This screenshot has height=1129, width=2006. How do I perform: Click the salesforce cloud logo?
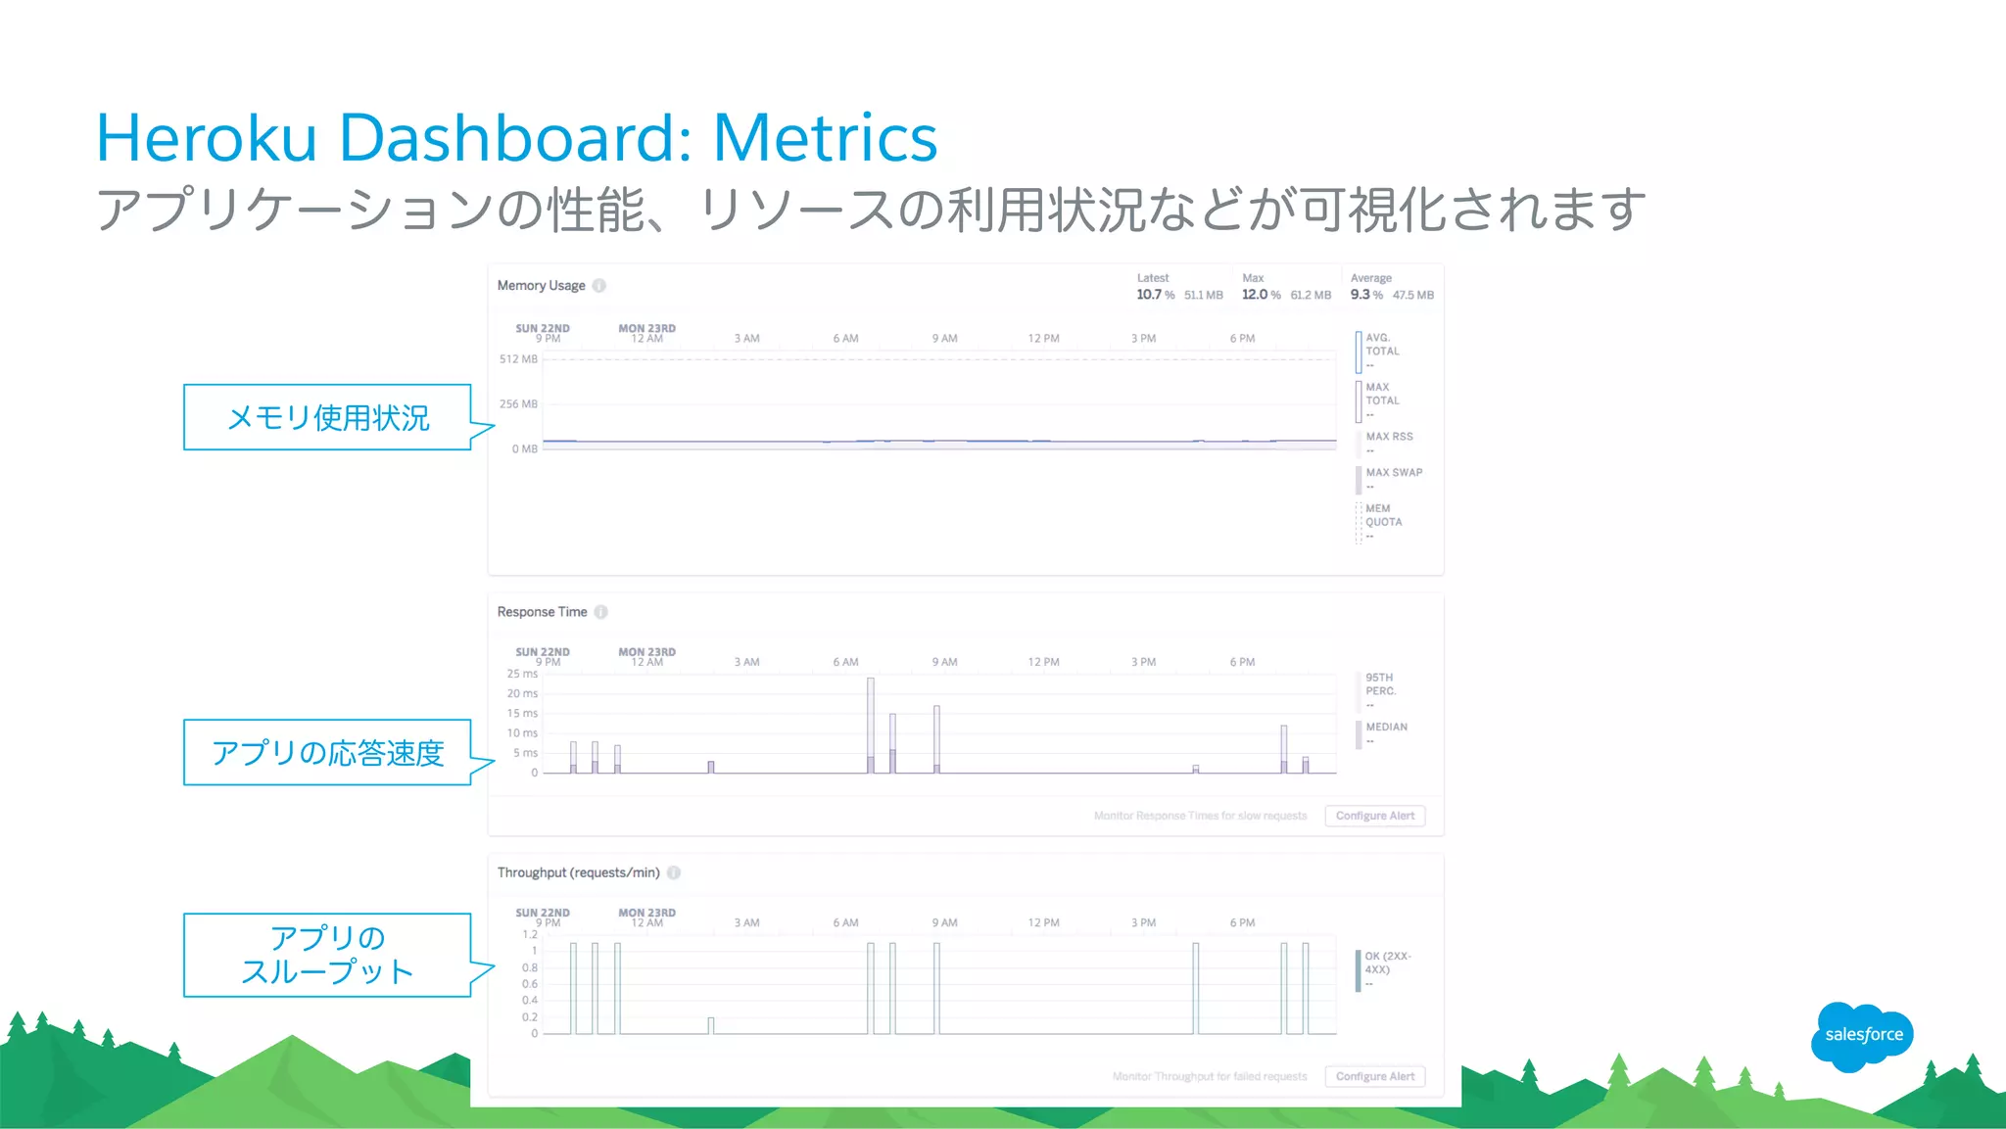click(x=1862, y=1035)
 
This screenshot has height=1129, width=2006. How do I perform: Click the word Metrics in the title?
click(x=825, y=138)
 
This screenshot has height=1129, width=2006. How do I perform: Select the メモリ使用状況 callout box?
click(x=327, y=418)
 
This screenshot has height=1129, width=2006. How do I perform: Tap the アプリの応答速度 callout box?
click(x=327, y=753)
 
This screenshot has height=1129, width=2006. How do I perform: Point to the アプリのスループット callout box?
click(x=327, y=955)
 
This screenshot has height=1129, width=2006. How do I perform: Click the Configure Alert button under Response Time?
click(x=1374, y=816)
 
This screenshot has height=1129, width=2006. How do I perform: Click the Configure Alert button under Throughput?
click(x=1374, y=1076)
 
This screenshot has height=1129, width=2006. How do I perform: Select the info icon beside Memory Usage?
click(x=599, y=286)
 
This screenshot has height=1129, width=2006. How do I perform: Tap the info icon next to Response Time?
click(x=601, y=612)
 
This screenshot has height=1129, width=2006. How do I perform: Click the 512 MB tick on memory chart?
click(x=518, y=359)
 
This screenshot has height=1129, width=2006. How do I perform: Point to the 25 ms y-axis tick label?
click(x=522, y=674)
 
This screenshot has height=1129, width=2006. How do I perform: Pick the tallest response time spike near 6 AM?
click(x=871, y=725)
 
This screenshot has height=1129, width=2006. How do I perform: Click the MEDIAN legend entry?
click(x=1386, y=728)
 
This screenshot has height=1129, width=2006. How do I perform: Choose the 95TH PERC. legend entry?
click(x=1380, y=684)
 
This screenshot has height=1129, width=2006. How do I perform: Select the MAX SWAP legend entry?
click(x=1393, y=473)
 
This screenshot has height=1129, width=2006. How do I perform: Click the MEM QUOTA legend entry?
click(x=1383, y=516)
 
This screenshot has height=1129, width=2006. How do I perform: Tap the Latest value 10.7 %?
click(x=1155, y=295)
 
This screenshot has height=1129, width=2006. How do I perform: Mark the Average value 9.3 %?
click(x=1366, y=295)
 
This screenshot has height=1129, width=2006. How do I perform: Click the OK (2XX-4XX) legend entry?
click(x=1387, y=964)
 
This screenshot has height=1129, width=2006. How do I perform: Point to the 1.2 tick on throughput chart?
click(x=529, y=934)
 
